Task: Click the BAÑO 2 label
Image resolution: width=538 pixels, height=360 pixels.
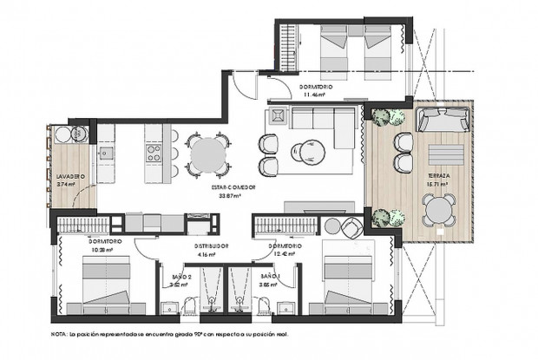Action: click(x=179, y=275)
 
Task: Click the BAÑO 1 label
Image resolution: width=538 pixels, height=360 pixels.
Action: click(x=269, y=275)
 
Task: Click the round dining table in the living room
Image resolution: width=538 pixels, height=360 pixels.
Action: click(x=207, y=154)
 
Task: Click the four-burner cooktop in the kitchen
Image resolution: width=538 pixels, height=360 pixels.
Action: click(x=153, y=155)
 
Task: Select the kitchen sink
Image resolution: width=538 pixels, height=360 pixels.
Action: click(x=107, y=155)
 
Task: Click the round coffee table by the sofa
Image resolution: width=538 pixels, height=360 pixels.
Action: click(x=305, y=153)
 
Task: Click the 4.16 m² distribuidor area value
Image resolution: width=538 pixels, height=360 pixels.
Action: click(x=207, y=255)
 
